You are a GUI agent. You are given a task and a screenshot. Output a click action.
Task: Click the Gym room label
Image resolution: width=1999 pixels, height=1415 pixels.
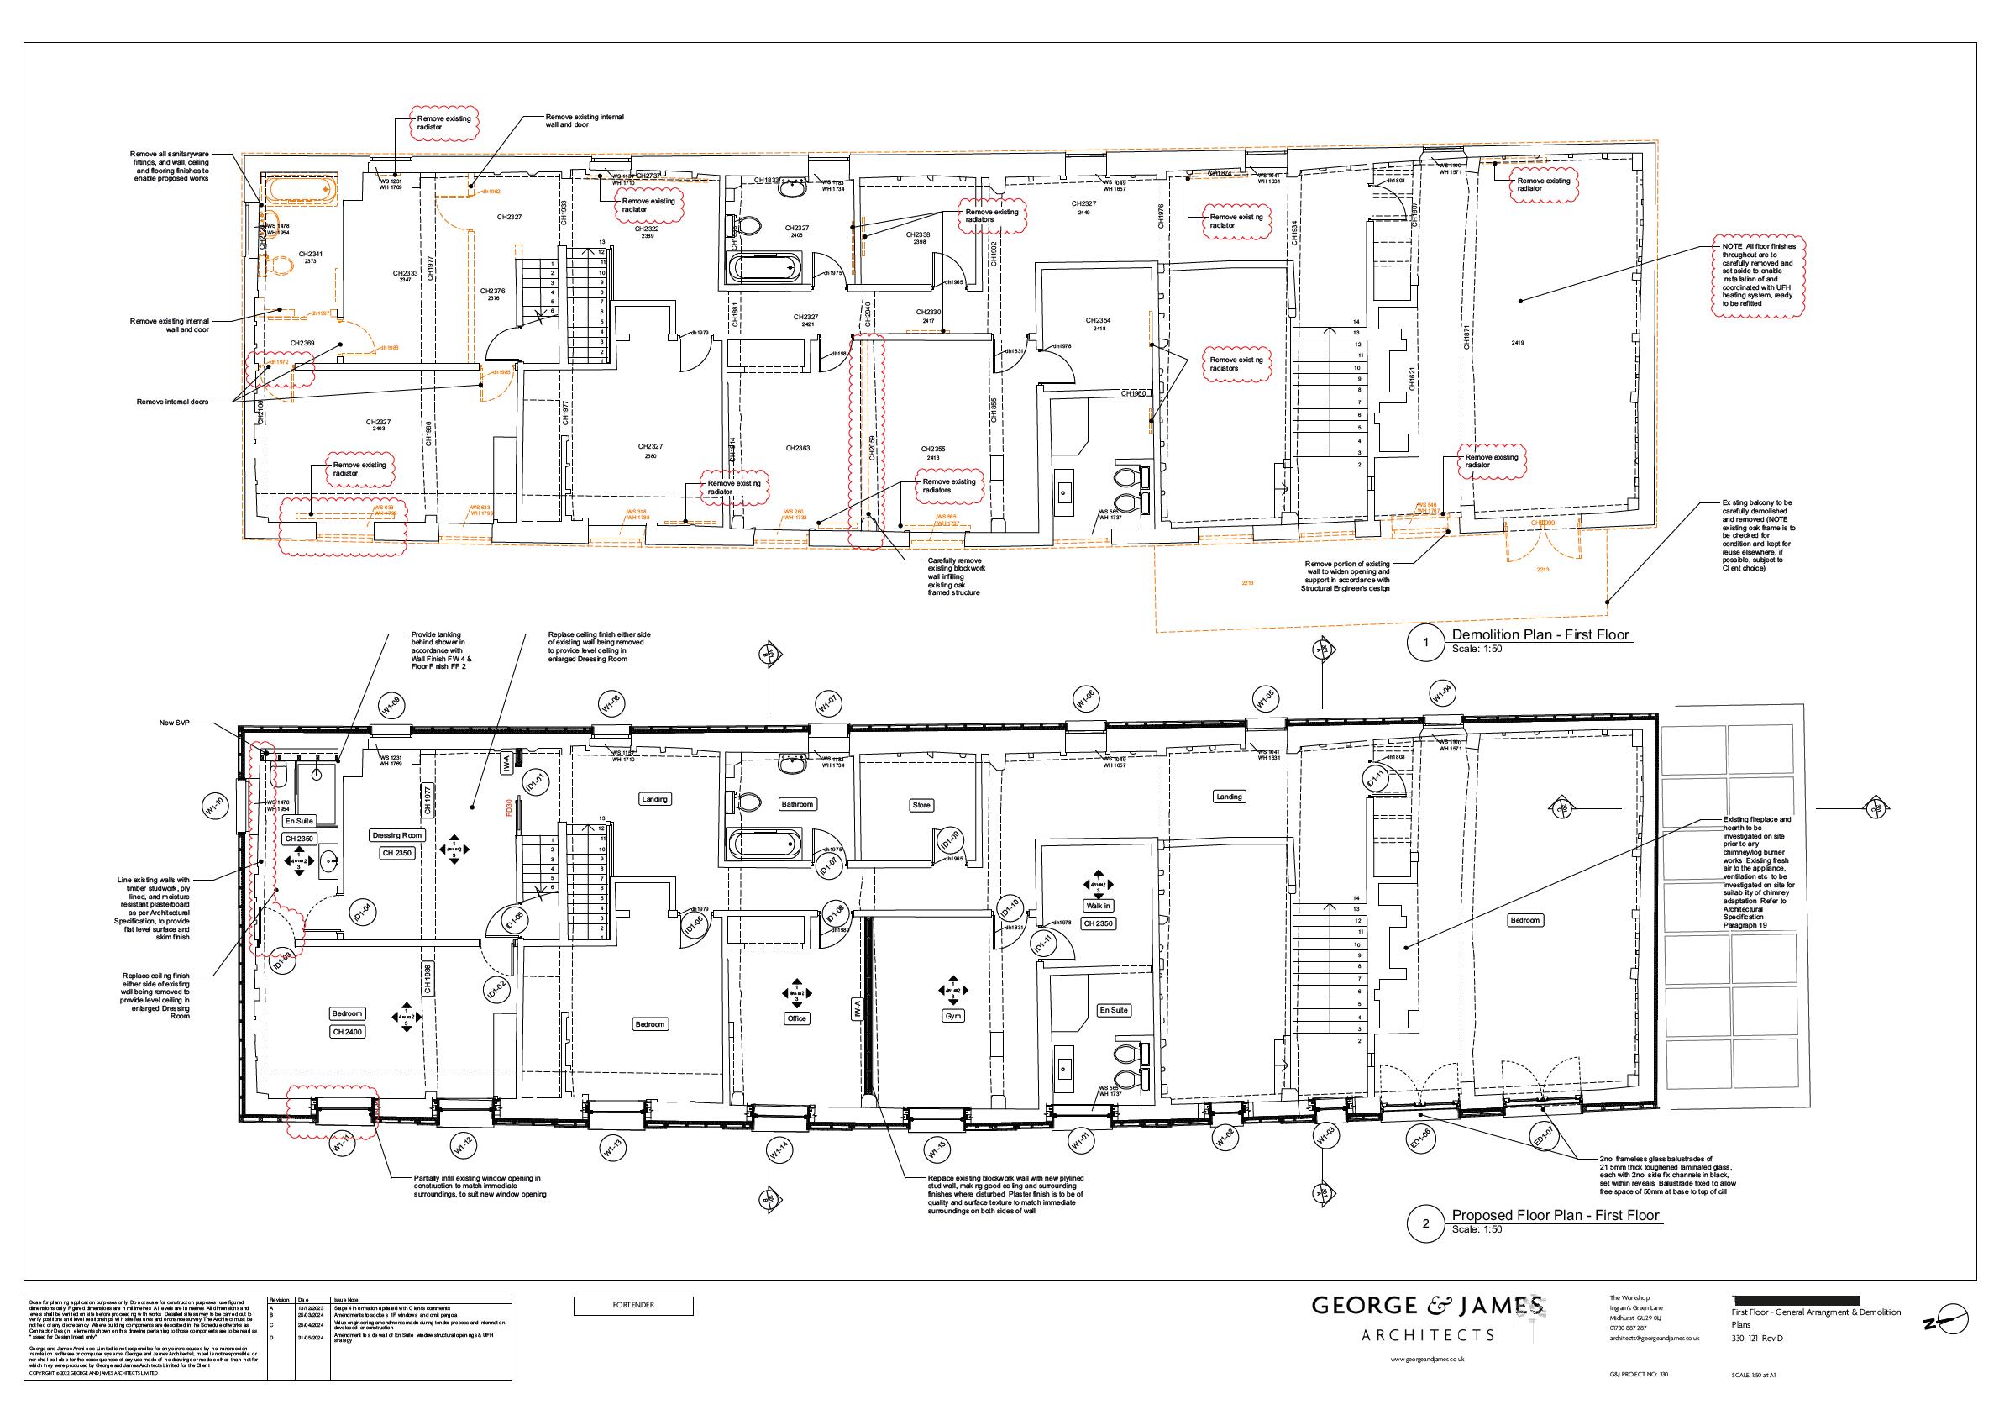click(x=953, y=1016)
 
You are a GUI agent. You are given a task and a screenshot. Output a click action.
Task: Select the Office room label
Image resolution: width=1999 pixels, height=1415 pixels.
click(x=796, y=1018)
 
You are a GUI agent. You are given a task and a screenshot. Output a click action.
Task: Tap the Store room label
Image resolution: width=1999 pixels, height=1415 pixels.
click(x=921, y=805)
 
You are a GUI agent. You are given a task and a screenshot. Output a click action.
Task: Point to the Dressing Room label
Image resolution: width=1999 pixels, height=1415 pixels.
click(x=396, y=834)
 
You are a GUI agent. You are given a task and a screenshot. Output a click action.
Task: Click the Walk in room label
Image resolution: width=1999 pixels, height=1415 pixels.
click(x=1099, y=905)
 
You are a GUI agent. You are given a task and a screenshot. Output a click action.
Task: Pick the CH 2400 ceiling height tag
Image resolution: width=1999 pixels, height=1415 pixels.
click(x=347, y=1032)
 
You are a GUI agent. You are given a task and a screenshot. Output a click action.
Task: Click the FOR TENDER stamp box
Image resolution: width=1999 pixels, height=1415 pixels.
click(x=633, y=1305)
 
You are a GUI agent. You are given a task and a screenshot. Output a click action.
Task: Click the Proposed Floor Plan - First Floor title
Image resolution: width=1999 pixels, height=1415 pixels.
click(x=1556, y=1216)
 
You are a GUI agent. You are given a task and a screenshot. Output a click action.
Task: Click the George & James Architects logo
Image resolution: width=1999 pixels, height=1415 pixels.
click(x=1428, y=1318)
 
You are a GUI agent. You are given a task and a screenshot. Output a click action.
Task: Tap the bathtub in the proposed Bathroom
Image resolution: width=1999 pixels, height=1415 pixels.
click(x=763, y=844)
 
